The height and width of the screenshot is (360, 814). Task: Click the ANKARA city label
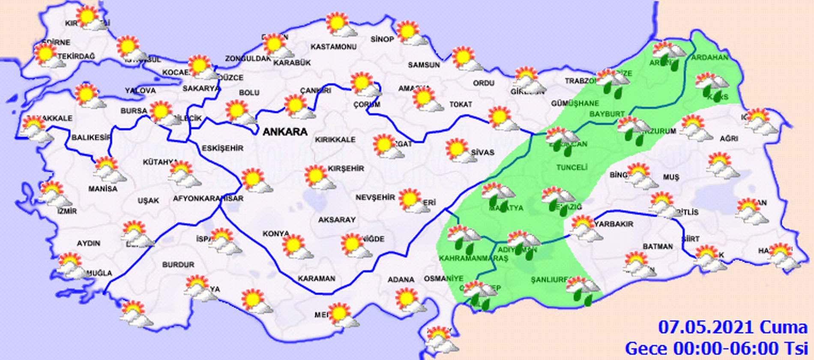284,132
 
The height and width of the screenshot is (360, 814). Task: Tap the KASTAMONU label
333,46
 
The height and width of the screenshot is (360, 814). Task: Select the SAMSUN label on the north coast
423,65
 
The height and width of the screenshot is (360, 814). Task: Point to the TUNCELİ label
572,167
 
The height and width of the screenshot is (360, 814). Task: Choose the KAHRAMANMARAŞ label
473,258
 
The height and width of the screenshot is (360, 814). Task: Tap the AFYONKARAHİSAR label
208,198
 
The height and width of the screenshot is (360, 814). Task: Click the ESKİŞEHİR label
222,148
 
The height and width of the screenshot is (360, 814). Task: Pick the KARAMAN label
317,279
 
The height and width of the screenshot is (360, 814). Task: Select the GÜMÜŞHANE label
575,103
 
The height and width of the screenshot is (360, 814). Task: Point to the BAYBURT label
607,114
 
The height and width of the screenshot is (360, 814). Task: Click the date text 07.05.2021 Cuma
733,327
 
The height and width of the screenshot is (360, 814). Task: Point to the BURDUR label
178,265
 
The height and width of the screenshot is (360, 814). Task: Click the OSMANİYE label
443,279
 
